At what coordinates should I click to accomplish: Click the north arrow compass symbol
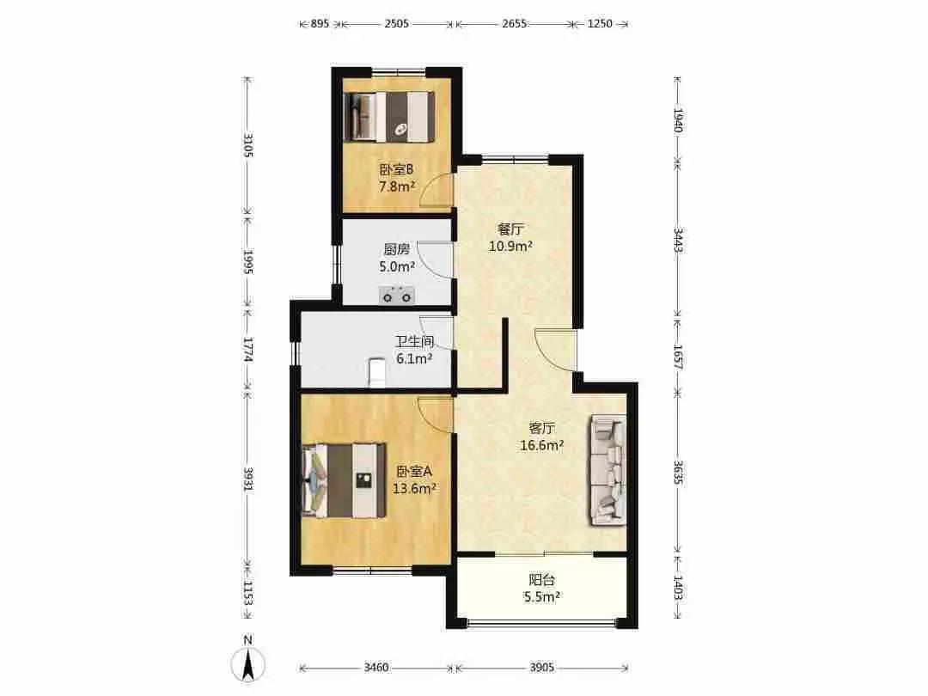pos(248,662)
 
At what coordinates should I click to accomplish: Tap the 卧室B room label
pos(396,170)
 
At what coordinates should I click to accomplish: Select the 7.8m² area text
pos(396,186)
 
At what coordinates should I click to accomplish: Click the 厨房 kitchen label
pos(396,249)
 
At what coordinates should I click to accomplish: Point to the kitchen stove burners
pos(396,295)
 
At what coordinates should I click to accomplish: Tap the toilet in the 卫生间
pos(376,372)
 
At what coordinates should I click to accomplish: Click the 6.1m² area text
pos(413,358)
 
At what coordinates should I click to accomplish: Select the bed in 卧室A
pos(344,481)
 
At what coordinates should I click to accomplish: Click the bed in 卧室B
pos(389,117)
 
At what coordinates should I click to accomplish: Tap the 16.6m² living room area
pos(541,445)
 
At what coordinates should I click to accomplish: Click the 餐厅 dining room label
pos(510,229)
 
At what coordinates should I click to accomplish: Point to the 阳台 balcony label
pos(541,580)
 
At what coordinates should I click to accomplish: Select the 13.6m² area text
pos(414,488)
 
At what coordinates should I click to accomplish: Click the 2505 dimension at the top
pos(396,24)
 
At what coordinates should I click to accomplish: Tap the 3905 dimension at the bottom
pos(541,668)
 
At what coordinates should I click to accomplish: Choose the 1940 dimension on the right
pos(678,121)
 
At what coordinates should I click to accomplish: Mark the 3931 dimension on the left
pos(248,479)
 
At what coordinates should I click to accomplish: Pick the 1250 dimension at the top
pos(600,24)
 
